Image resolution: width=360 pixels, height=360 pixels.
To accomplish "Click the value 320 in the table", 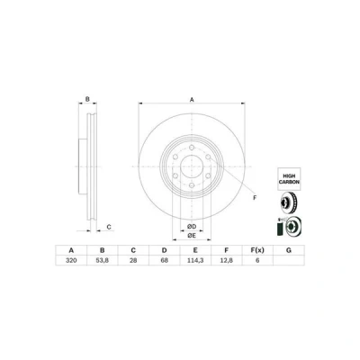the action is (x=71, y=260).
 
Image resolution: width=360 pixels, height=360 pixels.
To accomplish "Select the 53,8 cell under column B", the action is (x=103, y=260).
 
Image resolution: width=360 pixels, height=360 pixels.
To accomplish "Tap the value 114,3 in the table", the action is (x=195, y=260).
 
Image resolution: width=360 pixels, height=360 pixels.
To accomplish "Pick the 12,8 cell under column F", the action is (x=227, y=260).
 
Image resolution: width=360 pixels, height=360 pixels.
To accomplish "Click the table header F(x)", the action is (x=257, y=250).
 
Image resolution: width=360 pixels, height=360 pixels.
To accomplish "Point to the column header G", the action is (x=289, y=250).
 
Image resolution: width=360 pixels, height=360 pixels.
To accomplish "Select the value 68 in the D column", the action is (x=165, y=260).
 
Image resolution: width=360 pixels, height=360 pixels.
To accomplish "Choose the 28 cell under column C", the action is (x=133, y=260).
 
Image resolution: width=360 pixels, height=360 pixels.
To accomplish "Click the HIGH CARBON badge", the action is (x=289, y=179).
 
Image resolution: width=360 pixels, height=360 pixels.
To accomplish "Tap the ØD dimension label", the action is (x=192, y=226).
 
